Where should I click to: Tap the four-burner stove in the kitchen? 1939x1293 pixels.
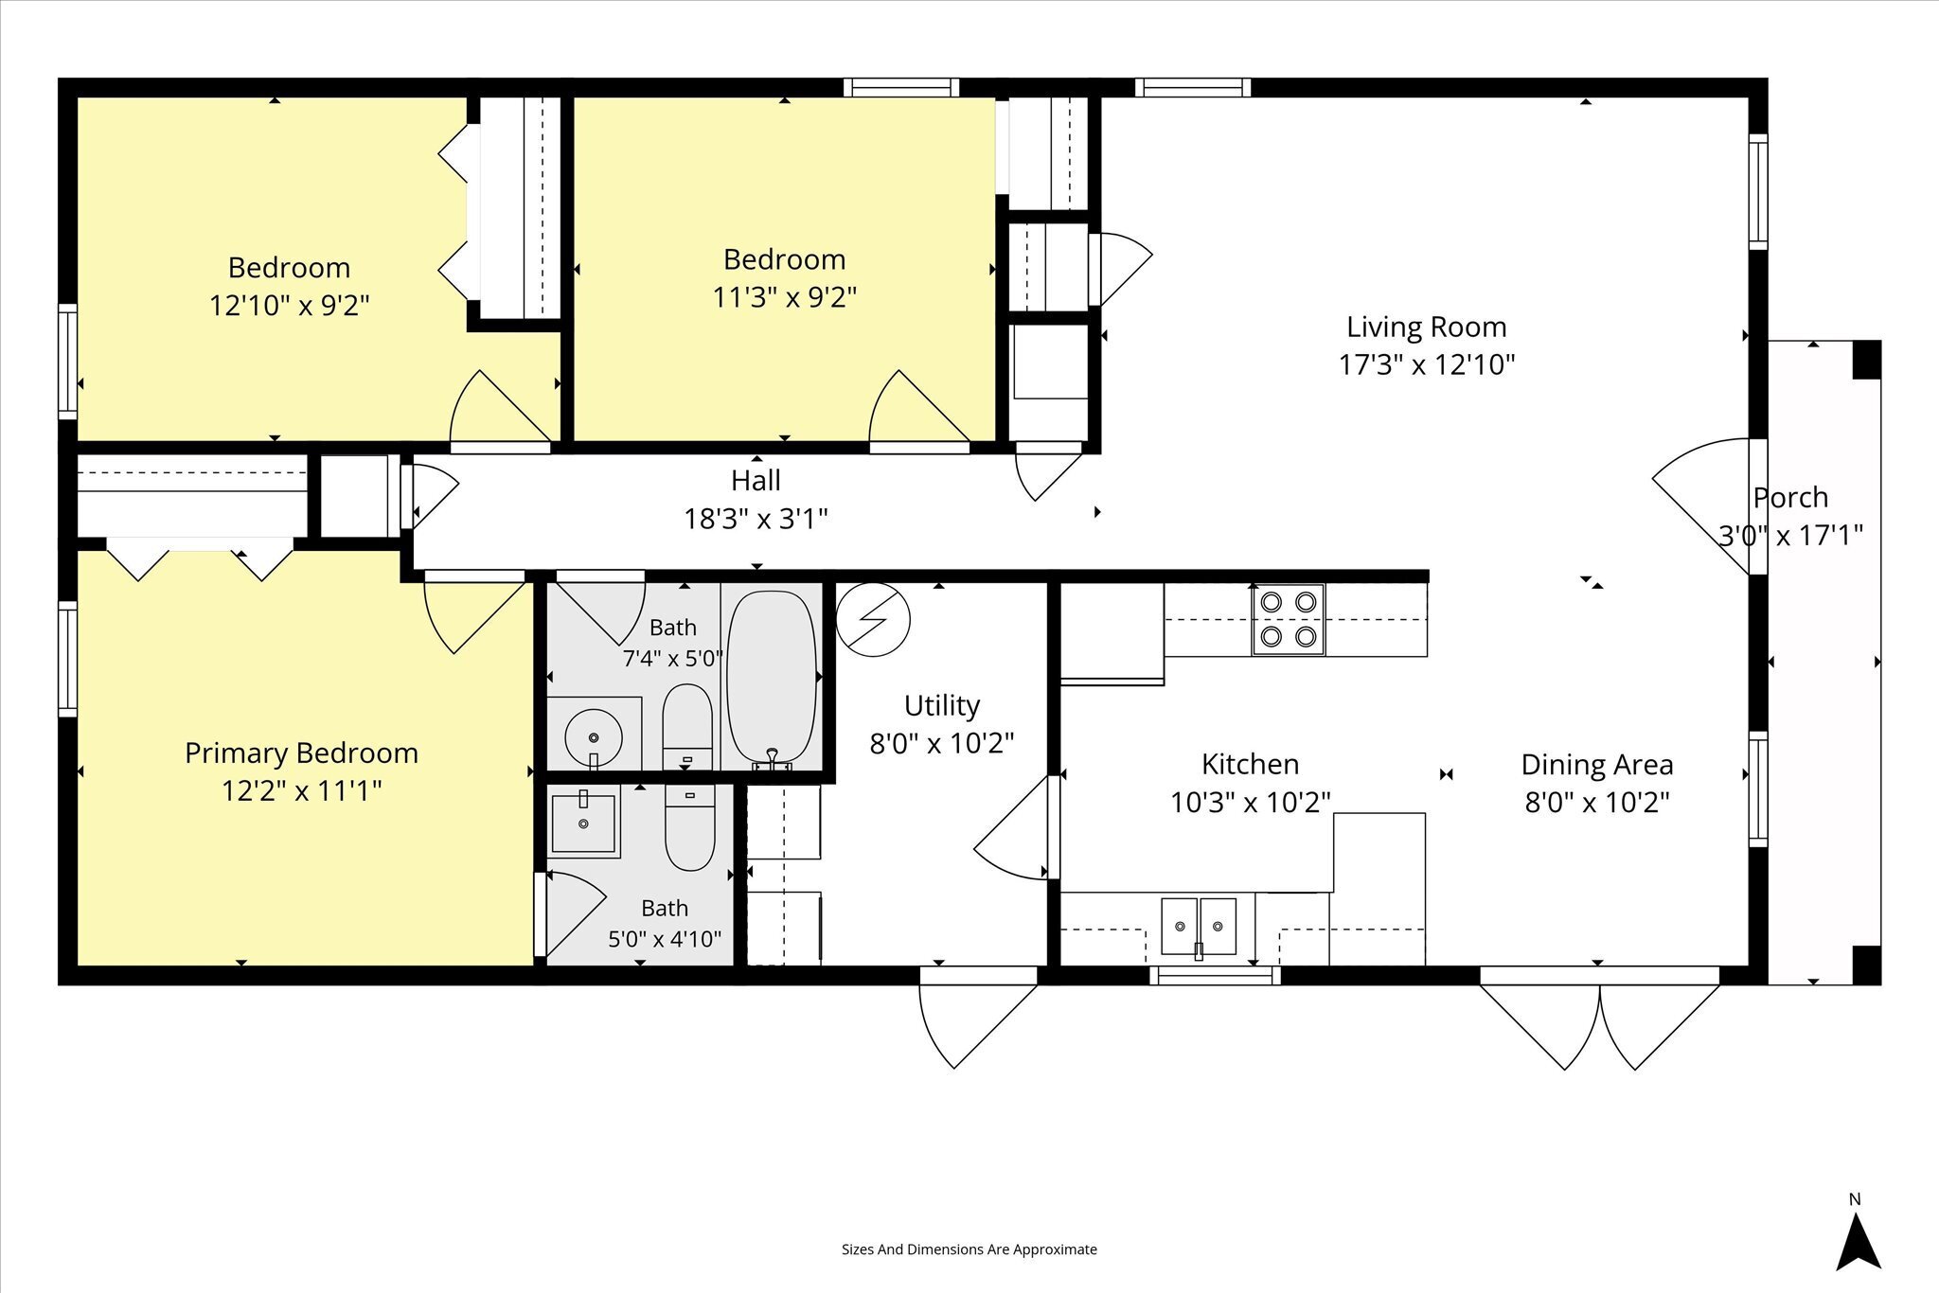click(1289, 620)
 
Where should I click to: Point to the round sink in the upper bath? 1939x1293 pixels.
click(594, 735)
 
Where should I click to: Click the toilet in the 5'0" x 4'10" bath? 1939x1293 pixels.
click(689, 827)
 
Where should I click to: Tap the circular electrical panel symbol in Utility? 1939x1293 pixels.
click(873, 619)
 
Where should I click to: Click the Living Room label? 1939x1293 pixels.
click(1426, 328)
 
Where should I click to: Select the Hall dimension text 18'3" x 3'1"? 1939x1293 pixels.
click(756, 519)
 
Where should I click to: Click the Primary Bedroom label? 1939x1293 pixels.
click(301, 753)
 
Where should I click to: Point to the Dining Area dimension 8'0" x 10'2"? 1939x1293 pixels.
click(1596, 803)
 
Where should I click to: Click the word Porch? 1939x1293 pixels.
click(1790, 498)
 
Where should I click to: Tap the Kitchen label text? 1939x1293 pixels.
click(1250, 764)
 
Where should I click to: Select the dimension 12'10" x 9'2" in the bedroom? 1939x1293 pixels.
click(289, 306)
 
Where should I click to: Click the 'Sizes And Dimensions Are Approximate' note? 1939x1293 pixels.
click(969, 1249)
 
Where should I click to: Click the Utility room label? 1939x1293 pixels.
click(941, 706)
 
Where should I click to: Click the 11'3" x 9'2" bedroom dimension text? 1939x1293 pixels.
click(784, 297)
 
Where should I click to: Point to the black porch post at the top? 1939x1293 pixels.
click(1866, 360)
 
